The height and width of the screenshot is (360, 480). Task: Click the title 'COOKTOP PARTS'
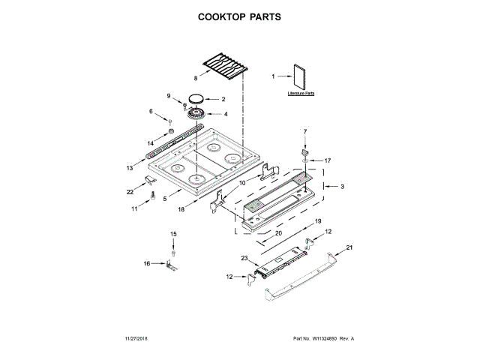[x=240, y=16]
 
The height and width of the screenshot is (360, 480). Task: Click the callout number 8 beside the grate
[x=196, y=78]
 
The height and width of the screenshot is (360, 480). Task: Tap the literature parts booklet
[x=301, y=77]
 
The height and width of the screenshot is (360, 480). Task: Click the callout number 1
[x=274, y=75]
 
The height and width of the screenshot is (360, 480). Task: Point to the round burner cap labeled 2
[x=197, y=98]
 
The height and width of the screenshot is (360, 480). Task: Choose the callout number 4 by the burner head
[x=226, y=114]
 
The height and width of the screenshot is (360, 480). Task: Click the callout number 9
[x=169, y=95]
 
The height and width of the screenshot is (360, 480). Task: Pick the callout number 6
[x=150, y=112]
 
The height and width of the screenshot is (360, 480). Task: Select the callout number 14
[x=151, y=142]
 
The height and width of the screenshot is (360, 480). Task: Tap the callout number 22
[x=130, y=192]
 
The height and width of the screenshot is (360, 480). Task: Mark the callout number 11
[x=135, y=209]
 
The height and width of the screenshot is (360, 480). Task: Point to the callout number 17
[x=327, y=160]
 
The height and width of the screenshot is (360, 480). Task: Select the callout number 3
[x=342, y=186]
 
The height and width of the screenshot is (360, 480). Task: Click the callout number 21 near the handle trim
[x=349, y=247]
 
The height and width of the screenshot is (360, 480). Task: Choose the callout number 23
[x=244, y=258]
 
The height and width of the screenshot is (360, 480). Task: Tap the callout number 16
[x=147, y=263]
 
